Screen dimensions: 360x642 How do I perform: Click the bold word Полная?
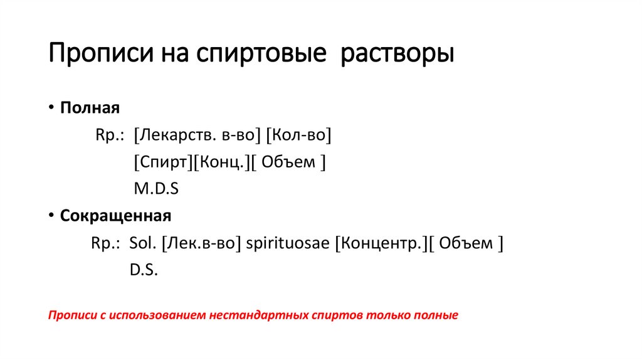(90, 107)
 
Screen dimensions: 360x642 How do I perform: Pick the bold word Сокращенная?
(115, 216)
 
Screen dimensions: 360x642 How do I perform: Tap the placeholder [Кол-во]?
(299, 135)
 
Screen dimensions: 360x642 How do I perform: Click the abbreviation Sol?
(142, 243)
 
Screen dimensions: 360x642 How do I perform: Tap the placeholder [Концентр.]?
(381, 243)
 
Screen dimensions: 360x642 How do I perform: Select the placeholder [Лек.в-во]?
(201, 243)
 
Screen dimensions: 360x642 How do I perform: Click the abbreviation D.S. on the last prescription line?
(144, 270)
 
